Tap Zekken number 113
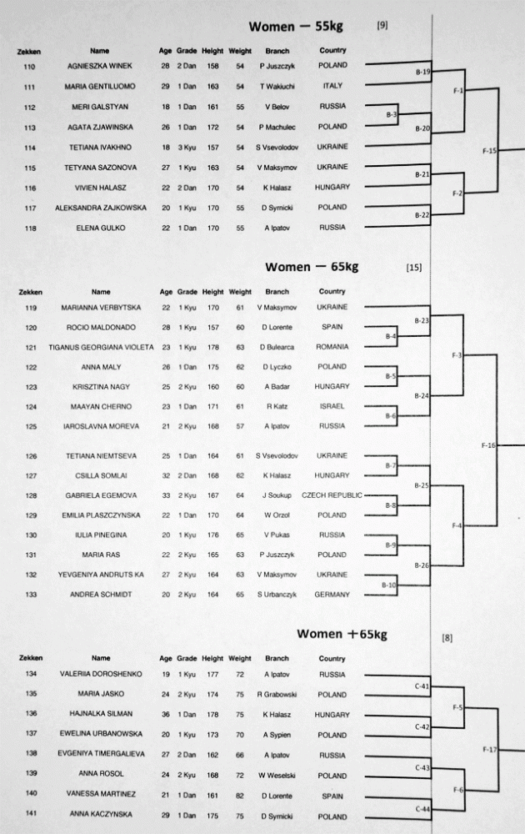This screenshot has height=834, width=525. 30,127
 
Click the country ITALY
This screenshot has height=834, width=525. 332,86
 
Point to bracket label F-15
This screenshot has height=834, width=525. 489,152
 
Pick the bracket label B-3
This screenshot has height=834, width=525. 392,113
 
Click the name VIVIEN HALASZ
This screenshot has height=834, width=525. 99,188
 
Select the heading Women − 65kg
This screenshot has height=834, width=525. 312,267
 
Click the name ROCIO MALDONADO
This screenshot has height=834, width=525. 101,327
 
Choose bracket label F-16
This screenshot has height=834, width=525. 488,446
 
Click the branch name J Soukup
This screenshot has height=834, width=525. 277,495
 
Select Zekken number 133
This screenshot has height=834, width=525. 30,594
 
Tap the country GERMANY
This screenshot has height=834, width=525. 332,594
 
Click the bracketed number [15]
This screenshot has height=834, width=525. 413,268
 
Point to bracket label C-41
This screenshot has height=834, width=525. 422,686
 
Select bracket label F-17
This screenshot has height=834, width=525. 489,749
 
